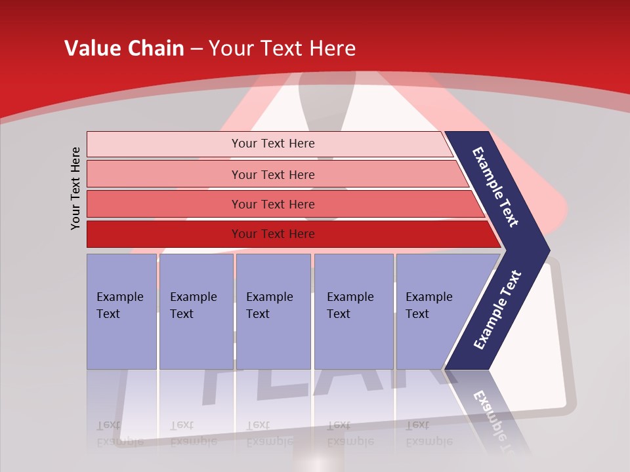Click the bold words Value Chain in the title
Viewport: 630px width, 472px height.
(x=124, y=49)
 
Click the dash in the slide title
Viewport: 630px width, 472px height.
(x=196, y=49)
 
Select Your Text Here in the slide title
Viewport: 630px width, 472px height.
(x=282, y=49)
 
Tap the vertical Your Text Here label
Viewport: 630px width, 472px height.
(x=75, y=188)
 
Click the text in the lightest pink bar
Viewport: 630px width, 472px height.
(x=273, y=144)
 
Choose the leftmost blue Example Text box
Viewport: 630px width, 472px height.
(x=121, y=311)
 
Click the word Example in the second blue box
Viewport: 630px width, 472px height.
(x=193, y=297)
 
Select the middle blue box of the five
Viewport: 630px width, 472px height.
(x=273, y=311)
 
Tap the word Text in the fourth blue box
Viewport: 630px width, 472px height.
(x=339, y=314)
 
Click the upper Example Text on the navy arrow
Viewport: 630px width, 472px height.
(x=495, y=187)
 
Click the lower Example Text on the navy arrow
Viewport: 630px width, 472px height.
(x=497, y=310)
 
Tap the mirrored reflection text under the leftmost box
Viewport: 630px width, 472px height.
(x=119, y=433)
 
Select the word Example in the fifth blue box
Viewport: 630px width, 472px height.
(x=429, y=297)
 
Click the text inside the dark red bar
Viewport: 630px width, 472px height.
(x=273, y=234)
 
